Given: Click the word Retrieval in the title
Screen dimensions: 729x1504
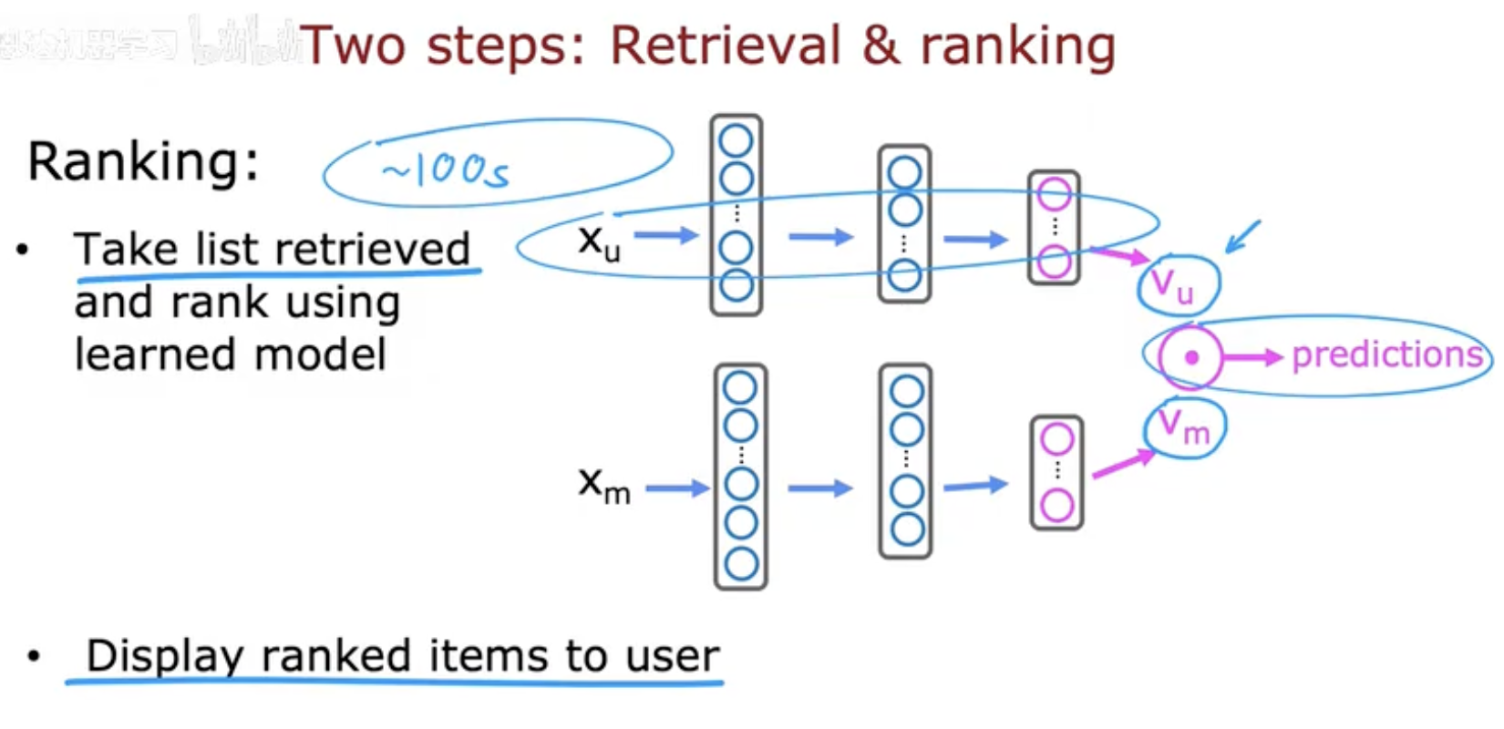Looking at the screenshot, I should click(726, 45).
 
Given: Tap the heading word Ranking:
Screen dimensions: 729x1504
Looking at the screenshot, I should click(143, 162).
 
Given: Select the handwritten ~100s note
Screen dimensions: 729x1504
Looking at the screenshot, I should click(446, 169).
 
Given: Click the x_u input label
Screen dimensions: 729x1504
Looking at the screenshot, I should click(599, 241).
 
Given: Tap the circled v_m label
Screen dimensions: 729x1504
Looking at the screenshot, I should click(1184, 426).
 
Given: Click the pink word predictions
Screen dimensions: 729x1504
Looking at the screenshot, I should click(1386, 354).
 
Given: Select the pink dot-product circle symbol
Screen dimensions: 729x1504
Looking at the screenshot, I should click(1190, 358).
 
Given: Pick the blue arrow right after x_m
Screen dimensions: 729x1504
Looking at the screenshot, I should click(676, 489).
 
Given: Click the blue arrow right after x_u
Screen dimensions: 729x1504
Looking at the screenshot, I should click(665, 236).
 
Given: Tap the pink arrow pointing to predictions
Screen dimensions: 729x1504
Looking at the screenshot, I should click(1253, 358).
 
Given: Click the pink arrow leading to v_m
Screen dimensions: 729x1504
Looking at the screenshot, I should click(1122, 464).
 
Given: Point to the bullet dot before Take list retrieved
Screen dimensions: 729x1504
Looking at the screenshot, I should click(24, 249).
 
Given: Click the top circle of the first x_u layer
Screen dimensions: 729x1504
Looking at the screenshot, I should click(737, 141).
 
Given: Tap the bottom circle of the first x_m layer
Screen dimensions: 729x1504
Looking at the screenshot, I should click(741, 564).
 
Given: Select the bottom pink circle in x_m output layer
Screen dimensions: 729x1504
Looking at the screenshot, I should click(1056, 505).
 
